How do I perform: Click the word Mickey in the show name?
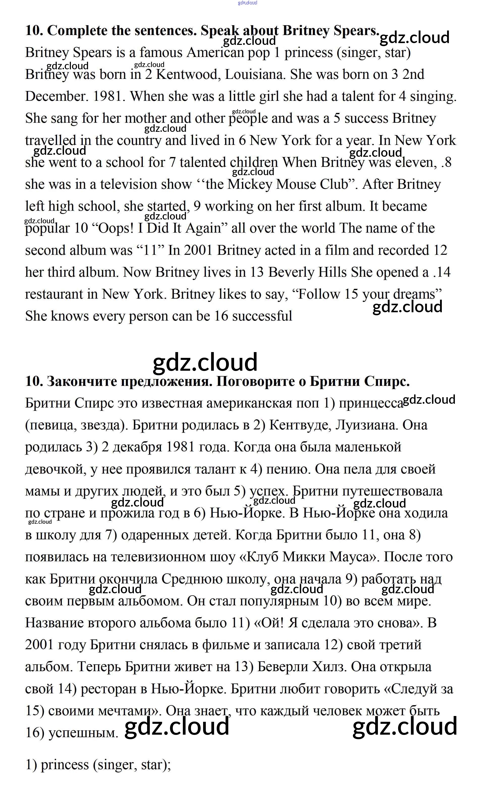point(250,184)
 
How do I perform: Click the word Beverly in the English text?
point(291,272)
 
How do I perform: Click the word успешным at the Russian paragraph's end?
point(83,733)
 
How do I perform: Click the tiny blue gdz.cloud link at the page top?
point(247,3)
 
